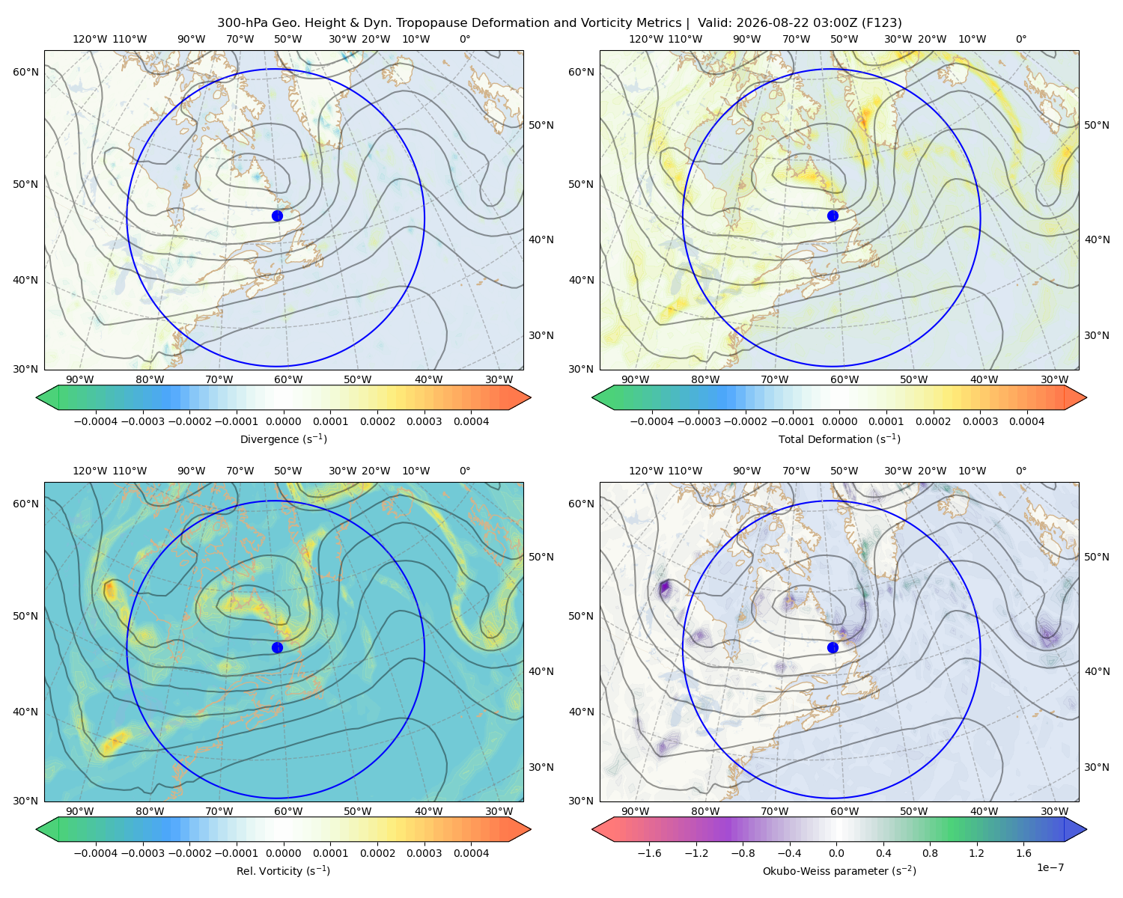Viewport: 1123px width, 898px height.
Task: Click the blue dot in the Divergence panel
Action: tap(277, 216)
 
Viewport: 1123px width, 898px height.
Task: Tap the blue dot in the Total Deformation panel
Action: tap(833, 216)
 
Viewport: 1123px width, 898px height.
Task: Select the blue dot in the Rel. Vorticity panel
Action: tap(277, 647)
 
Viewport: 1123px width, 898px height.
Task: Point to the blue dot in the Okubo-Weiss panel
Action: tap(833, 647)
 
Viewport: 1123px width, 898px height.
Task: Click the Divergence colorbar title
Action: tap(283, 439)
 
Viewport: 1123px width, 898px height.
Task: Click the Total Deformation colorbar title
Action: tap(839, 439)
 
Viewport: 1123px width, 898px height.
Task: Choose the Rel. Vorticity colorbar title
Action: tap(283, 870)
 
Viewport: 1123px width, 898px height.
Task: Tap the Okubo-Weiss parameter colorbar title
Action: tap(839, 870)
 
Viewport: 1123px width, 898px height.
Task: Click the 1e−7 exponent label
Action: tap(1050, 867)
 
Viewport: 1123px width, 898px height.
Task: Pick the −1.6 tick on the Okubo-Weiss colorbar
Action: tap(649, 852)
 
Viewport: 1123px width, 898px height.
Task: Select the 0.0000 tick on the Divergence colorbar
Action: tap(283, 421)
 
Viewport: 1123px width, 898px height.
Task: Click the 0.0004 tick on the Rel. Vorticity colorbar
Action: tap(471, 852)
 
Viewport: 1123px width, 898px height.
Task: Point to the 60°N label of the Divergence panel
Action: tap(25, 72)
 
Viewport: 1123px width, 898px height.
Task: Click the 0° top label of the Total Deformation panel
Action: tap(1020, 39)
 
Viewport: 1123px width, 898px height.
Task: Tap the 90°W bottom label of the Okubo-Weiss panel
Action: tap(635, 811)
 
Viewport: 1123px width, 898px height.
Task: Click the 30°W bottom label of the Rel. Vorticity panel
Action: tap(499, 811)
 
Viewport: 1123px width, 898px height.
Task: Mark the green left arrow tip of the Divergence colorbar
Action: tap(37, 397)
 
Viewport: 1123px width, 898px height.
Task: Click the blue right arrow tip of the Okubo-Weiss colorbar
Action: tap(1086, 828)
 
